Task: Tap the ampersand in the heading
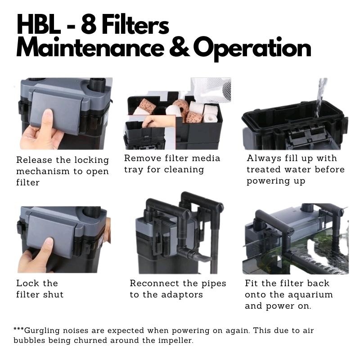pyautogui.click(x=178, y=49)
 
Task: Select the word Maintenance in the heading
pyautogui.click(x=90, y=49)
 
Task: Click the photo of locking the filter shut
pyautogui.click(x=63, y=238)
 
